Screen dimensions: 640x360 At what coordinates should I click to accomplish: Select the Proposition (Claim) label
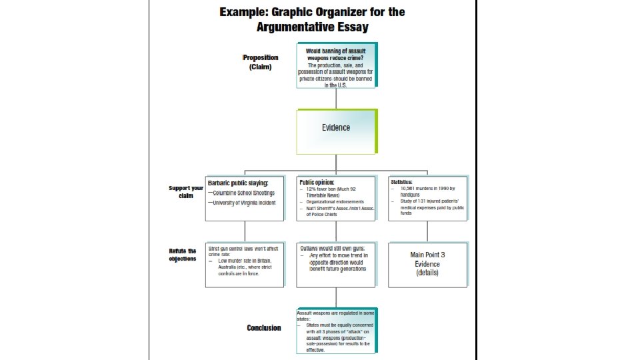coord(260,62)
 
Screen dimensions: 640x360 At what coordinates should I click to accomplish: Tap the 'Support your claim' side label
coord(186,192)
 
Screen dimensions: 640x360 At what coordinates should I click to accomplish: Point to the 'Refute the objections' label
coord(183,255)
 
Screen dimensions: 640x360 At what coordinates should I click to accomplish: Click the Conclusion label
coord(264,327)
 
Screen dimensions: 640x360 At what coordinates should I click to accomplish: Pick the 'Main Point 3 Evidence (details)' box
coord(427,263)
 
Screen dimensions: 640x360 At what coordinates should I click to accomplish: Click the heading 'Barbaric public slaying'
coord(238,183)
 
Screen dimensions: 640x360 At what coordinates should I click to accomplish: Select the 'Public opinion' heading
coord(317,182)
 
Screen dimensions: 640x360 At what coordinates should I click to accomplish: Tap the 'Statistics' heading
coord(401,181)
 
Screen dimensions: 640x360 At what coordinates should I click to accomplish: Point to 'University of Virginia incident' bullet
coord(243,201)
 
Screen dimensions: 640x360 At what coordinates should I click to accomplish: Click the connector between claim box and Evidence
coord(336,98)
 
